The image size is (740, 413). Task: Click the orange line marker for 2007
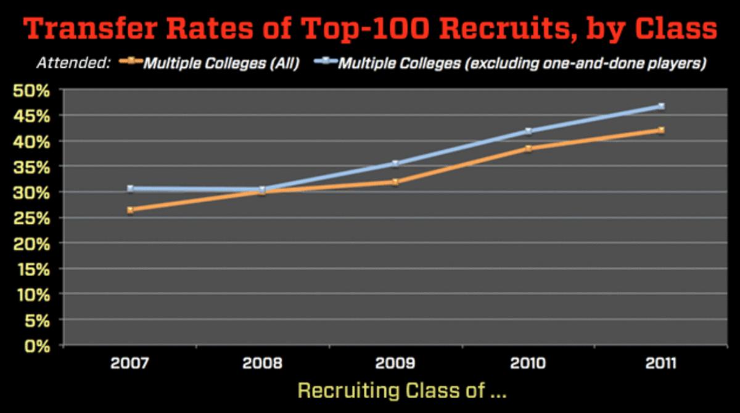pos(130,210)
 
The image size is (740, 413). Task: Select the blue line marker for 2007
pos(130,189)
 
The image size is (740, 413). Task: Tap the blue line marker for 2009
pos(395,163)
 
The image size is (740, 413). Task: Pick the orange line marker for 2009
pos(395,182)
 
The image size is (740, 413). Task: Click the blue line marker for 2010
pos(528,131)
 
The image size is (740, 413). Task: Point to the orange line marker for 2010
pos(528,149)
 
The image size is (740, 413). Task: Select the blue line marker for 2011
pos(661,106)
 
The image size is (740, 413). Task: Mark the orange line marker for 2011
pos(661,130)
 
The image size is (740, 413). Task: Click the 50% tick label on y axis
pos(36,91)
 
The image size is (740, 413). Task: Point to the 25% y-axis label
pos(36,218)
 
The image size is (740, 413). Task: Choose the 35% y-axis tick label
pos(36,167)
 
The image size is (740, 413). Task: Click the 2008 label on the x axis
pos(262,363)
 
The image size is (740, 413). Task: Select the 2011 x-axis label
pos(661,363)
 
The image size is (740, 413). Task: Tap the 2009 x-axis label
pos(395,363)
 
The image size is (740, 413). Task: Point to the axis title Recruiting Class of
pos(401,391)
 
